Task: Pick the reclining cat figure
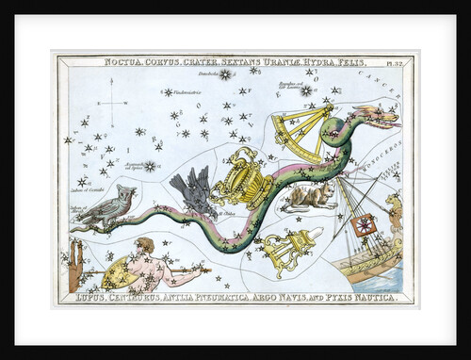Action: click(312, 195)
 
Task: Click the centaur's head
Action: click(144, 247)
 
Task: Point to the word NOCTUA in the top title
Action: click(125, 63)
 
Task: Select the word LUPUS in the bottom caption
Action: click(89, 298)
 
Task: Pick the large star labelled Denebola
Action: click(224, 74)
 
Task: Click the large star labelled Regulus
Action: click(306, 90)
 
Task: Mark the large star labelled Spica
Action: click(149, 166)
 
